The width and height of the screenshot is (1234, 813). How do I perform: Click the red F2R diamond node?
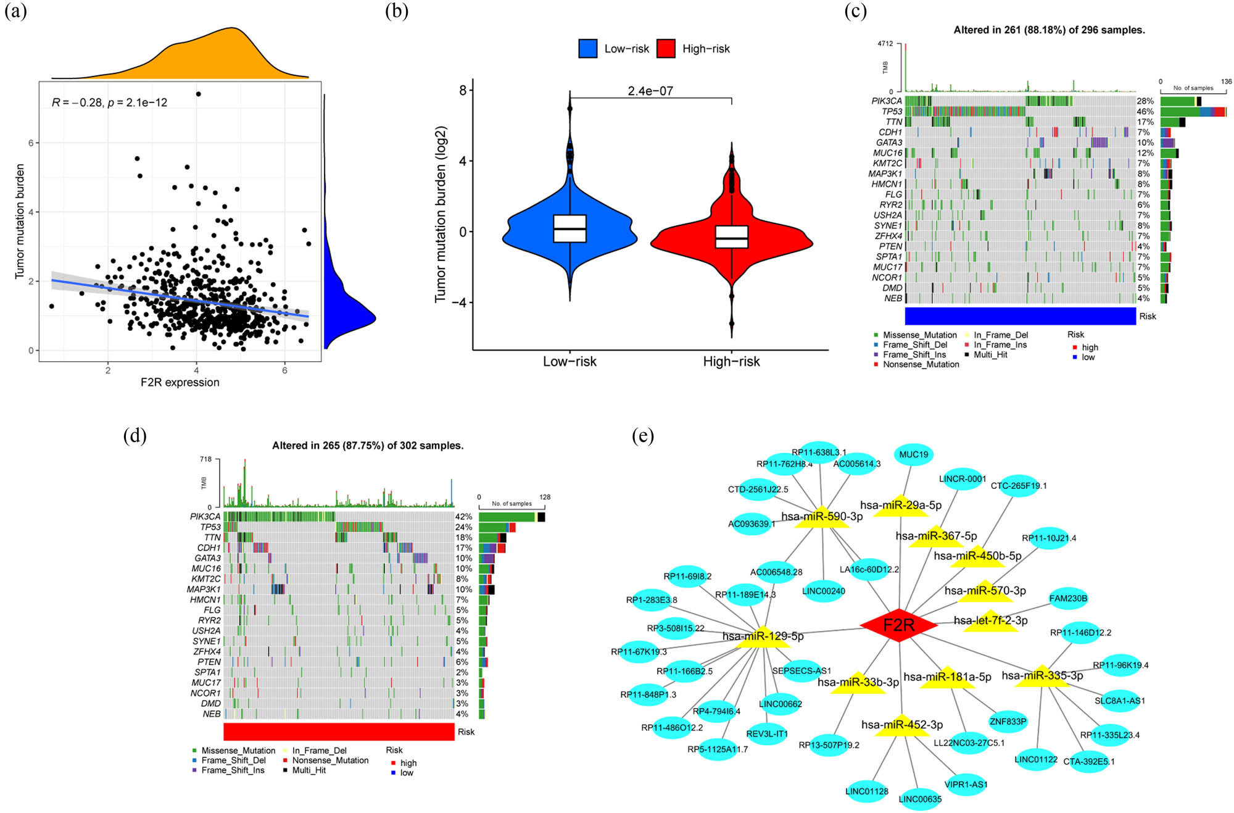click(x=898, y=625)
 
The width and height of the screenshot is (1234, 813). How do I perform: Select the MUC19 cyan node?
click(x=913, y=454)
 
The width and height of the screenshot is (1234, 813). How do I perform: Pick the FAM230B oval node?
click(x=1068, y=598)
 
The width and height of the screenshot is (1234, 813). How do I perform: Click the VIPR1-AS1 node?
click(x=966, y=784)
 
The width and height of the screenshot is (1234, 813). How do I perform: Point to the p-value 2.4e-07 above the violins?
click(x=650, y=91)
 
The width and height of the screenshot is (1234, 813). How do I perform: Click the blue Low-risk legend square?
click(x=587, y=49)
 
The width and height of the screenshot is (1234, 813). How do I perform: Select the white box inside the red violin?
click(x=731, y=236)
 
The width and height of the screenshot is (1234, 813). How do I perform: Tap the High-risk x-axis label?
click(x=731, y=362)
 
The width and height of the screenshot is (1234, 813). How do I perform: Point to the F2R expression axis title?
click(x=180, y=382)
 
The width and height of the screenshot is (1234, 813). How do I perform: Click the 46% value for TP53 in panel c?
click(x=1145, y=112)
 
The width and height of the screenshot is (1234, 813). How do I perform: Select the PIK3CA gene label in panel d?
click(x=205, y=517)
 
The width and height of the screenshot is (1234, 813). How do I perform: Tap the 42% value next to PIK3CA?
click(x=463, y=517)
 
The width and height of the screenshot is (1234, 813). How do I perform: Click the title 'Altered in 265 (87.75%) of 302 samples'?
click(x=368, y=446)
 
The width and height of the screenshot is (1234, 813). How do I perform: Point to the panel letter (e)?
click(x=642, y=436)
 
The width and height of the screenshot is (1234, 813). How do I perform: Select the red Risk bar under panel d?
click(x=339, y=732)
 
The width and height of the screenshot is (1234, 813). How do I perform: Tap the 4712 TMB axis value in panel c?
click(x=885, y=44)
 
